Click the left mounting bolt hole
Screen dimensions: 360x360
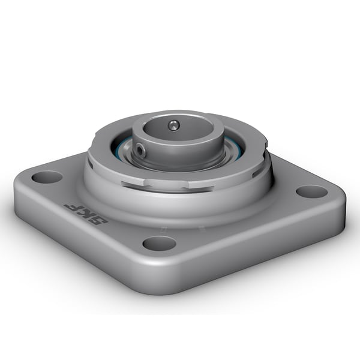(47, 177)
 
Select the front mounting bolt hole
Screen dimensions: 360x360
(160, 243)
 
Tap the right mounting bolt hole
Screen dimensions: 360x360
(312, 192)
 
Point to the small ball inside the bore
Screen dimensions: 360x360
(173, 125)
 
